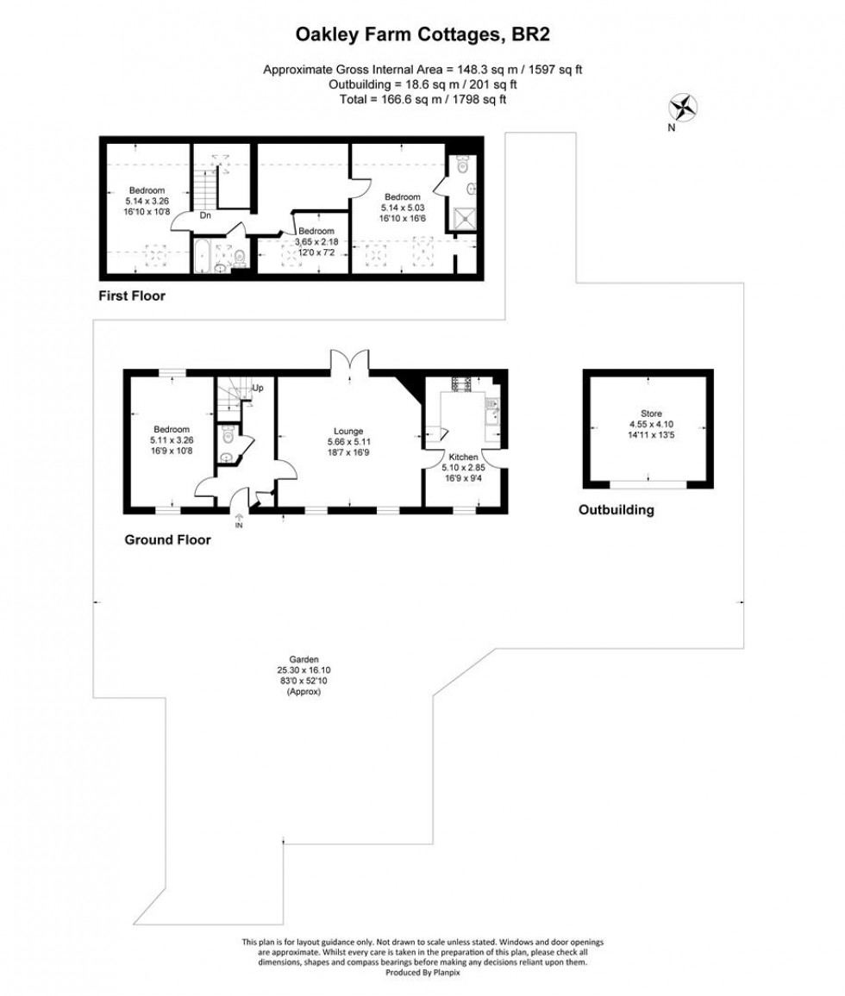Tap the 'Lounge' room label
[x=349, y=431]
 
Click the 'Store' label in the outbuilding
[x=651, y=414]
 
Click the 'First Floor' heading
[x=132, y=296]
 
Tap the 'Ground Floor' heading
[x=167, y=540]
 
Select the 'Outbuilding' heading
[x=616, y=510]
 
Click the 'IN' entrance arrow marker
[x=239, y=520]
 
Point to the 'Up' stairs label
[x=257, y=388]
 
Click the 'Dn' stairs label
[x=205, y=215]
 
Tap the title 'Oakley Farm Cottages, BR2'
[x=422, y=35]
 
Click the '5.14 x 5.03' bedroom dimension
[x=402, y=208]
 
